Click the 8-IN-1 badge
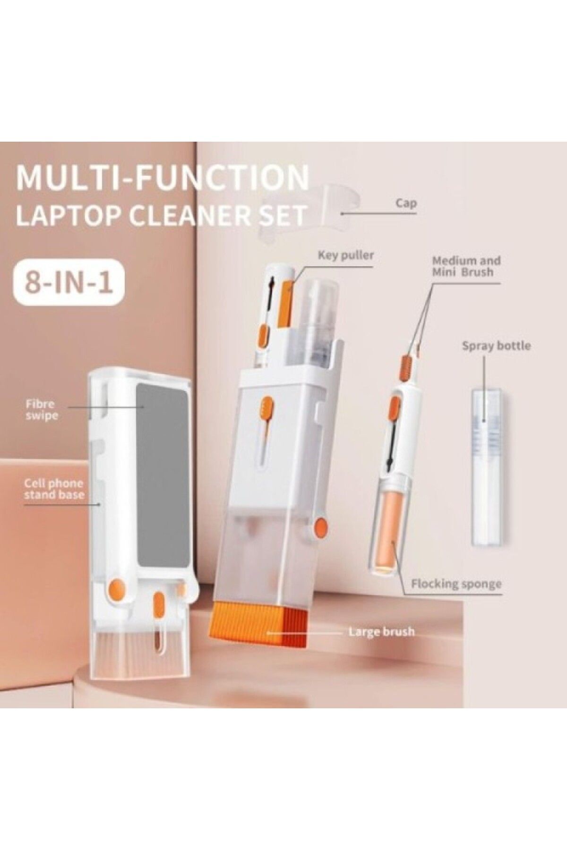[69, 282]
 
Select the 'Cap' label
[406, 204]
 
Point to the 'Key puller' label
[346, 255]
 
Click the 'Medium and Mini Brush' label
[466, 266]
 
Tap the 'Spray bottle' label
[496, 346]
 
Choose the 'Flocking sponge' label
[456, 584]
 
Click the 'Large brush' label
[381, 631]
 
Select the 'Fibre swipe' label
[42, 410]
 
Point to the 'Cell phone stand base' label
[54, 489]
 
